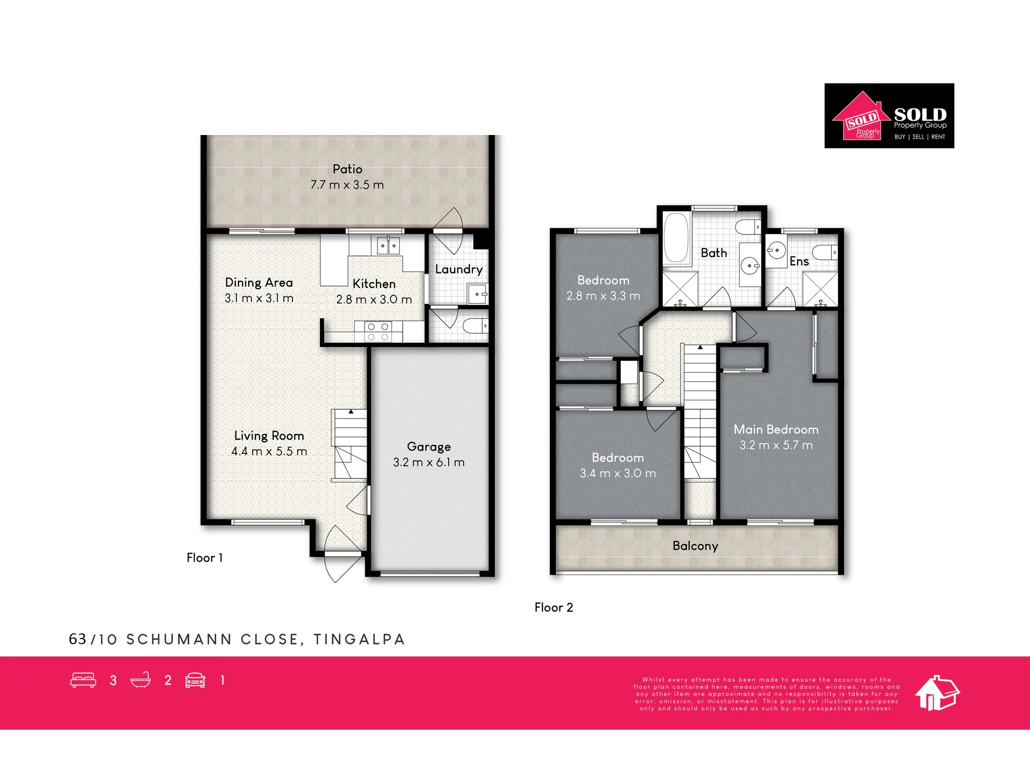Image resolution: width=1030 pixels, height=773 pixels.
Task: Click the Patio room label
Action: (x=347, y=169)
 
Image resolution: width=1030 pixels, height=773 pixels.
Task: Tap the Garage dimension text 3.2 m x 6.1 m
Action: (x=428, y=462)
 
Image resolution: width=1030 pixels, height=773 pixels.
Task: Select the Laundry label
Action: (x=458, y=270)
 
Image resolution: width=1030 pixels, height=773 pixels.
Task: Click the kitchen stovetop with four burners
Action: (x=378, y=331)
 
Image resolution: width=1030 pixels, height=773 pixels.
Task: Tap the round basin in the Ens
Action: (x=776, y=251)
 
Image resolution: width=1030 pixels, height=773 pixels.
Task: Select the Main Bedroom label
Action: (x=776, y=429)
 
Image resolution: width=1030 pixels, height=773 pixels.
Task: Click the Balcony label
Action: (x=695, y=546)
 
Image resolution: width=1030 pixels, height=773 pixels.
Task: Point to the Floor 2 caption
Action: (x=554, y=608)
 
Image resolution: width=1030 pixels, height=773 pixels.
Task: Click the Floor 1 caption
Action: (x=204, y=558)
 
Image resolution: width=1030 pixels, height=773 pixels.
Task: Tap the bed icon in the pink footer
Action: (x=83, y=680)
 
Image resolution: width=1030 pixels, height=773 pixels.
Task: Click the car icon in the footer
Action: (x=195, y=680)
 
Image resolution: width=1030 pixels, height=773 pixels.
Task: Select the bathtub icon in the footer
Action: (x=141, y=680)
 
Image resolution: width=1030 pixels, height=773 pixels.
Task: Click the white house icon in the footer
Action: (x=937, y=693)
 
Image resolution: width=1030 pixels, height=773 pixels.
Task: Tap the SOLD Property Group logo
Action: (x=889, y=116)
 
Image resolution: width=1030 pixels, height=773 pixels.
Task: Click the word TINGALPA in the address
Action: (x=359, y=640)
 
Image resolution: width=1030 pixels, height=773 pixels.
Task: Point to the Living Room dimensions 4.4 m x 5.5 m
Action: (x=269, y=451)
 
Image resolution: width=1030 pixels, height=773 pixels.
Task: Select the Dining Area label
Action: (x=259, y=283)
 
